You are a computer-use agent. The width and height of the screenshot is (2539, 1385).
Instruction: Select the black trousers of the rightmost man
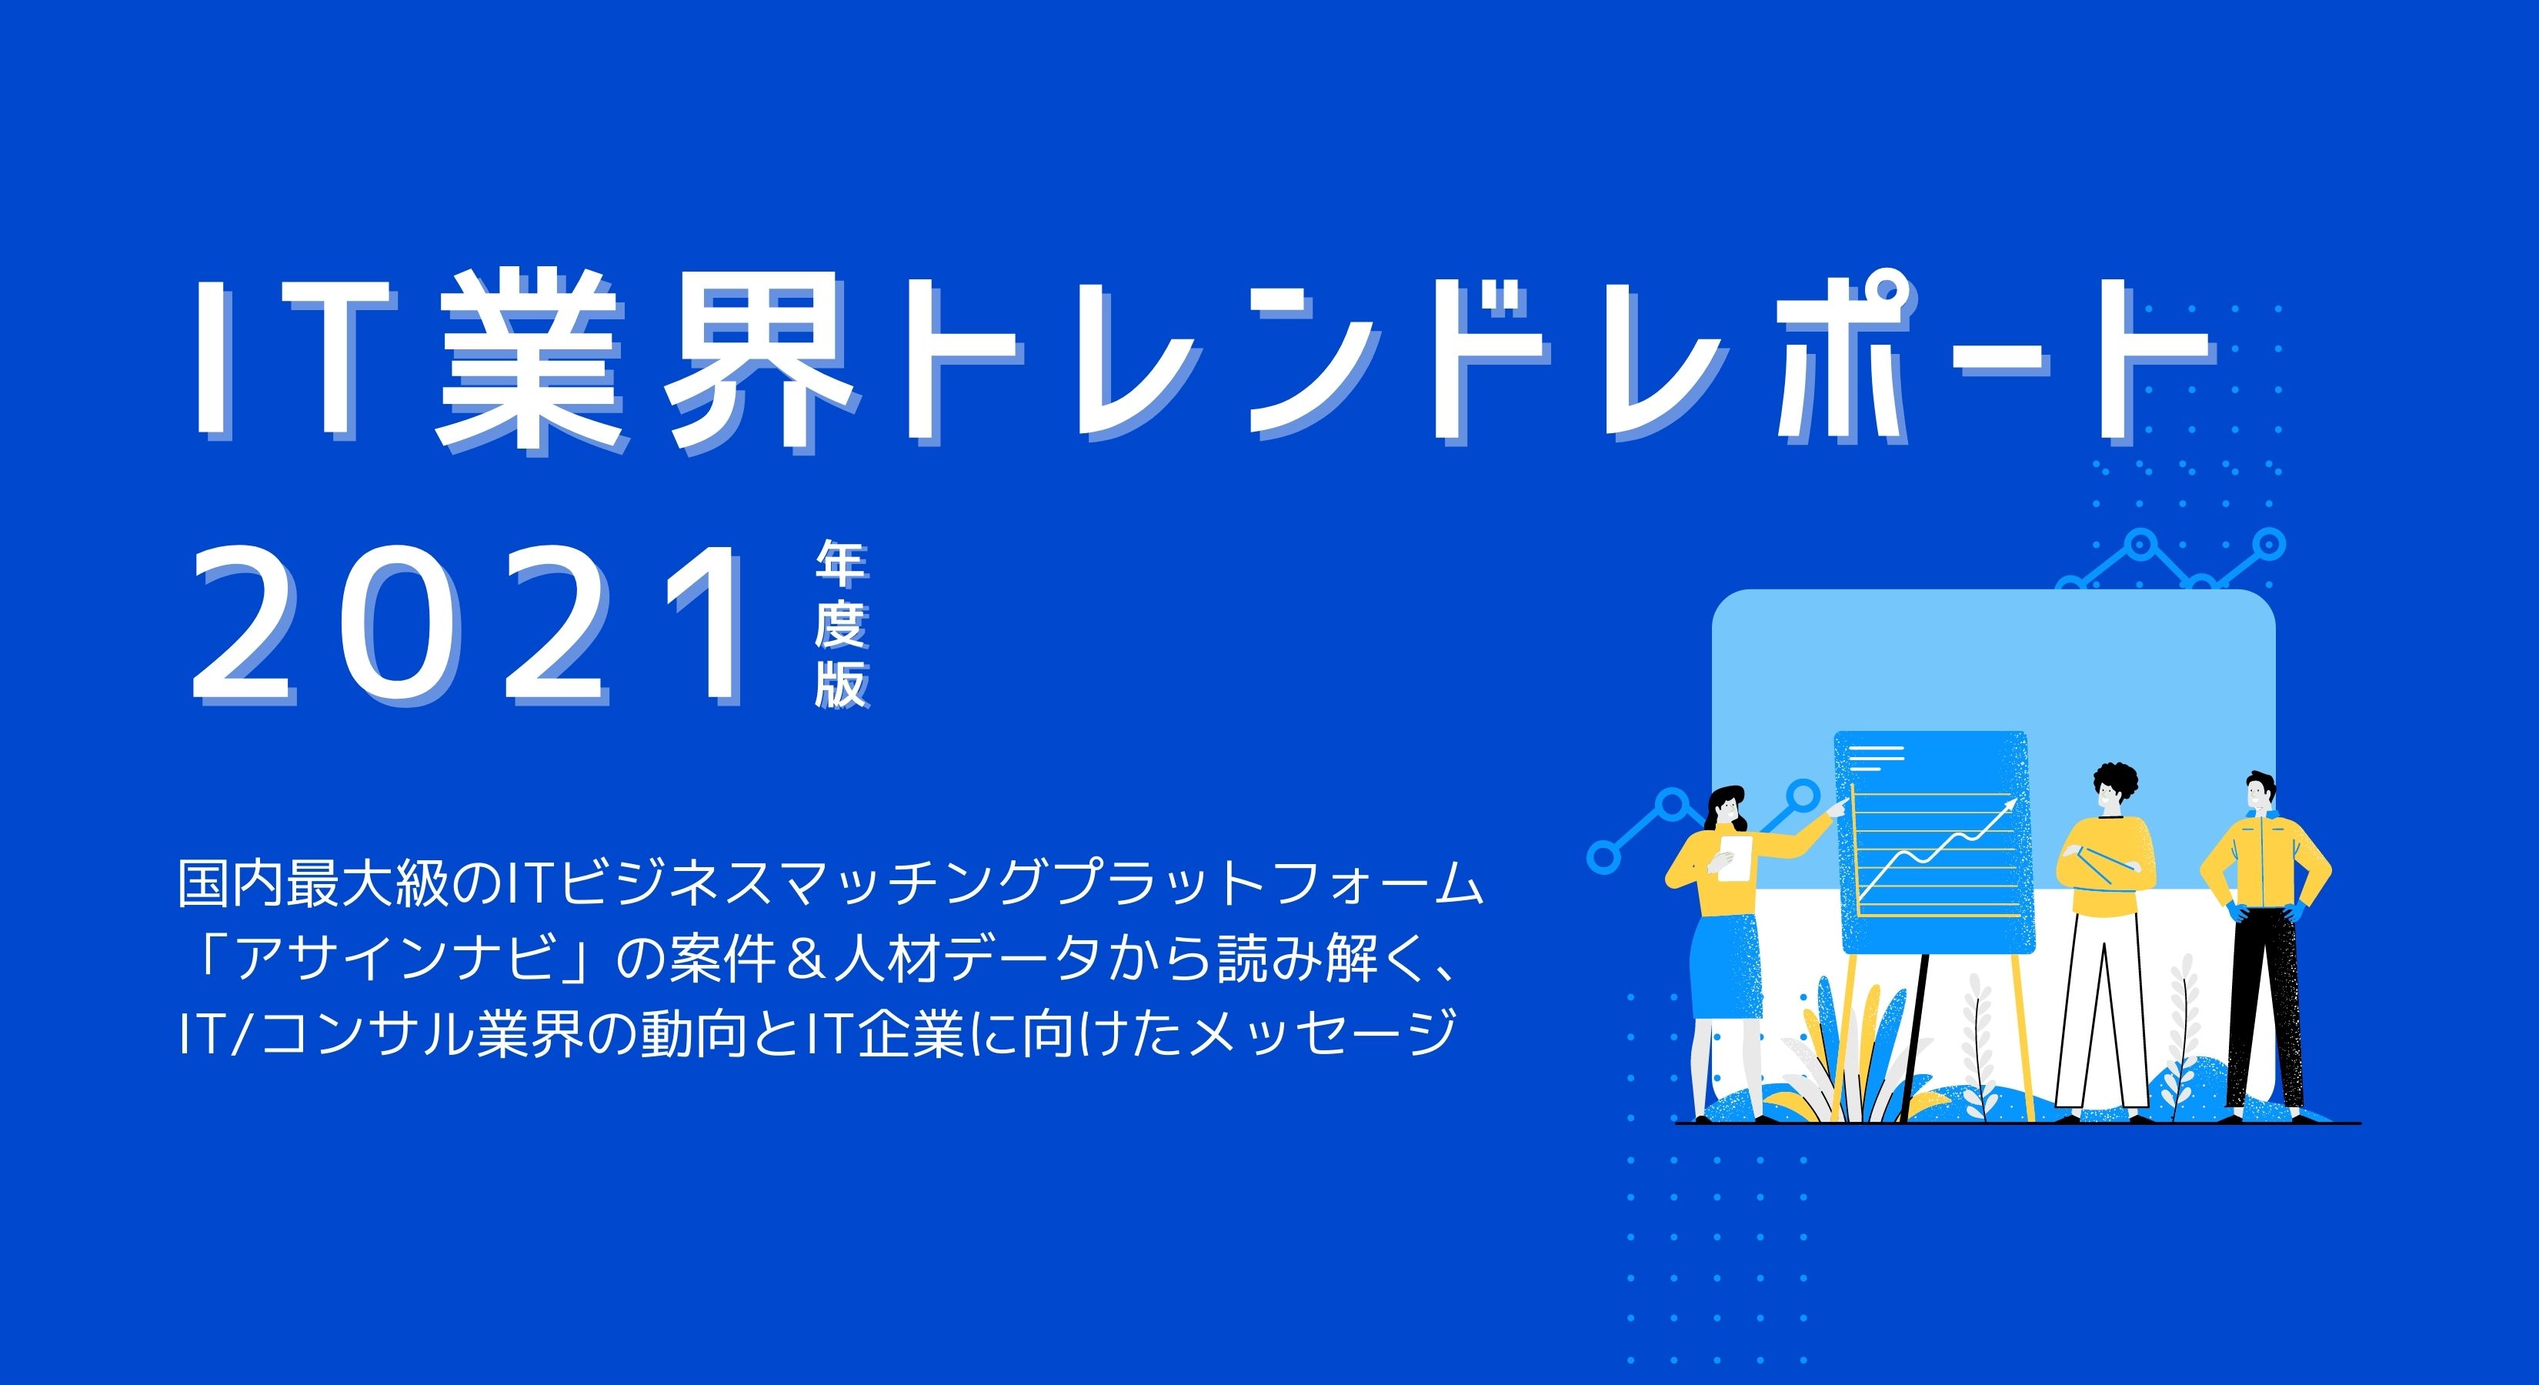pos(2267,1006)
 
